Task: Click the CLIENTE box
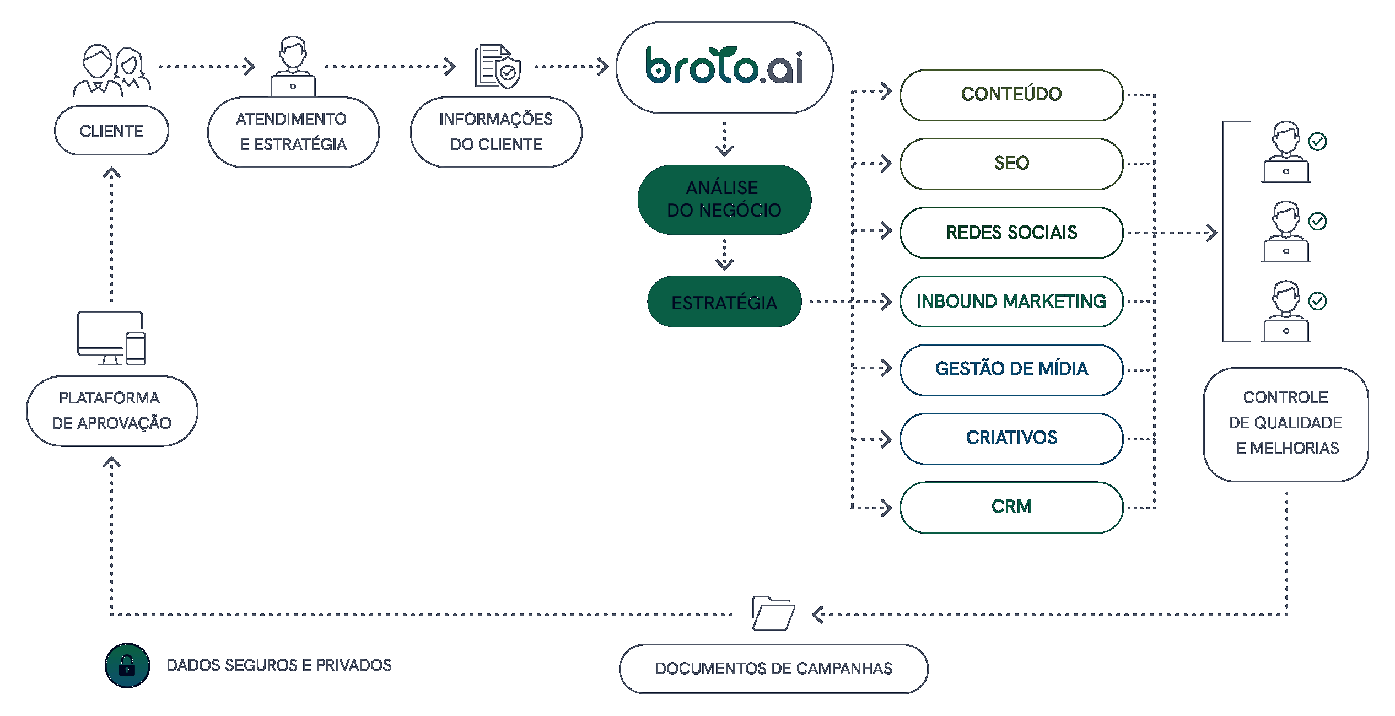click(x=111, y=131)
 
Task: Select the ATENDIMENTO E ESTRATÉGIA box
click(x=293, y=132)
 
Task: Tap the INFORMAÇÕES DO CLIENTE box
click(x=495, y=132)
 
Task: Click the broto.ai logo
click(x=724, y=67)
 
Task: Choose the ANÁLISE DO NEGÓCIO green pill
click(x=724, y=199)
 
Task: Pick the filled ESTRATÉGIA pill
click(x=724, y=302)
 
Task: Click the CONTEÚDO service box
click(x=1011, y=95)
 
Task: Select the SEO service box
click(x=1011, y=164)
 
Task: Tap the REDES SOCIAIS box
click(x=1011, y=233)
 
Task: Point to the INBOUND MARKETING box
click(x=1011, y=302)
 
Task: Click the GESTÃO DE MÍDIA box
click(x=1011, y=369)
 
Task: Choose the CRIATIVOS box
click(x=1011, y=438)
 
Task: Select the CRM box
click(x=1011, y=507)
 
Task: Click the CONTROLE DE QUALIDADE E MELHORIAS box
click(x=1285, y=423)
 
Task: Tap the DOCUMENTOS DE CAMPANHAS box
click(x=773, y=669)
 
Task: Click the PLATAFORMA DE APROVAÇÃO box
click(x=111, y=411)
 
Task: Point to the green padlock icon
click(x=127, y=665)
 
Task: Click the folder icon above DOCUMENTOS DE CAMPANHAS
click(x=773, y=613)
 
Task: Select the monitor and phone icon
click(x=111, y=338)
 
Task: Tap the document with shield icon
click(x=498, y=67)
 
